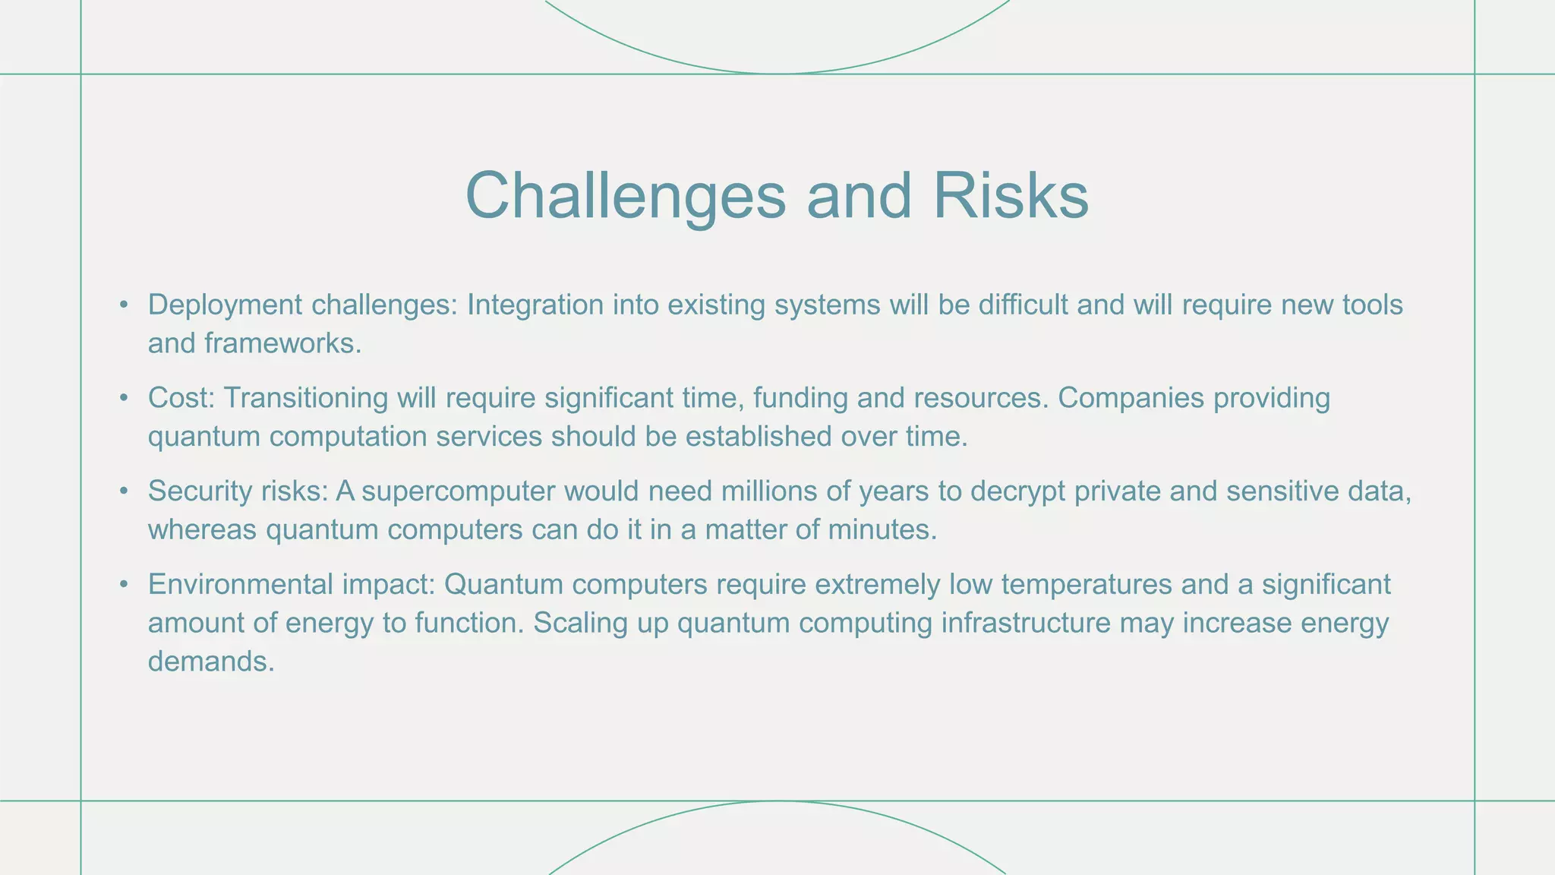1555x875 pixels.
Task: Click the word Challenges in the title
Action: coord(625,196)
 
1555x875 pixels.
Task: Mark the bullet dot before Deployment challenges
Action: coord(124,305)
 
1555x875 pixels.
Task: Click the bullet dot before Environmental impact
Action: coord(124,585)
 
